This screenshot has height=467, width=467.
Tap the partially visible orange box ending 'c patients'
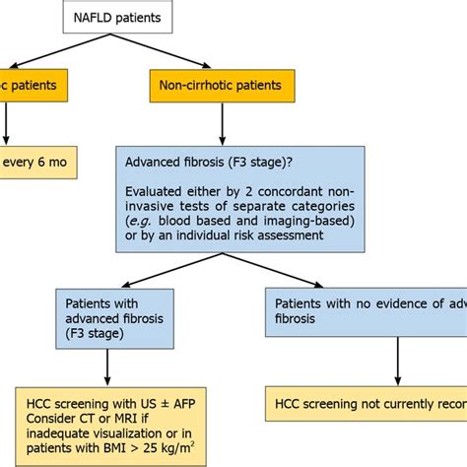(34, 85)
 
